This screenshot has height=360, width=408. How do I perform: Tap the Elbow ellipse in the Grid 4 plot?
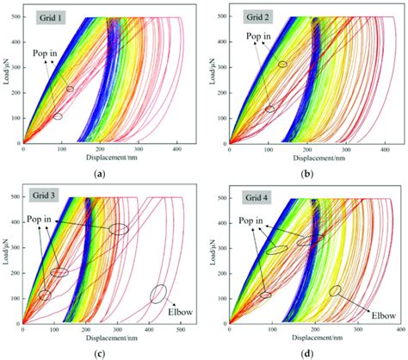(x=334, y=291)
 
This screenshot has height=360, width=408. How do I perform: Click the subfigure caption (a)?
(x=102, y=172)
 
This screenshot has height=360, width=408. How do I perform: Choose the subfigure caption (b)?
(x=307, y=172)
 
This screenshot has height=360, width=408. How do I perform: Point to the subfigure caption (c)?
(x=102, y=353)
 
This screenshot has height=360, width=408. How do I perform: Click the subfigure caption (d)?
(x=307, y=353)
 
